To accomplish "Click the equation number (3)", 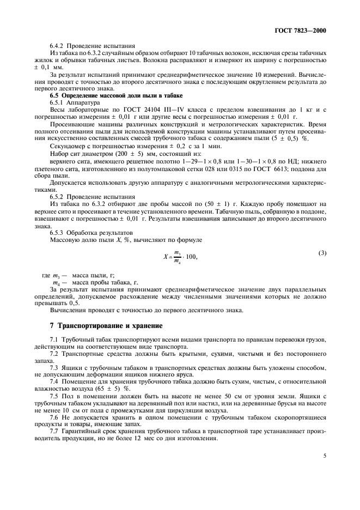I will [x=322, y=252].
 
